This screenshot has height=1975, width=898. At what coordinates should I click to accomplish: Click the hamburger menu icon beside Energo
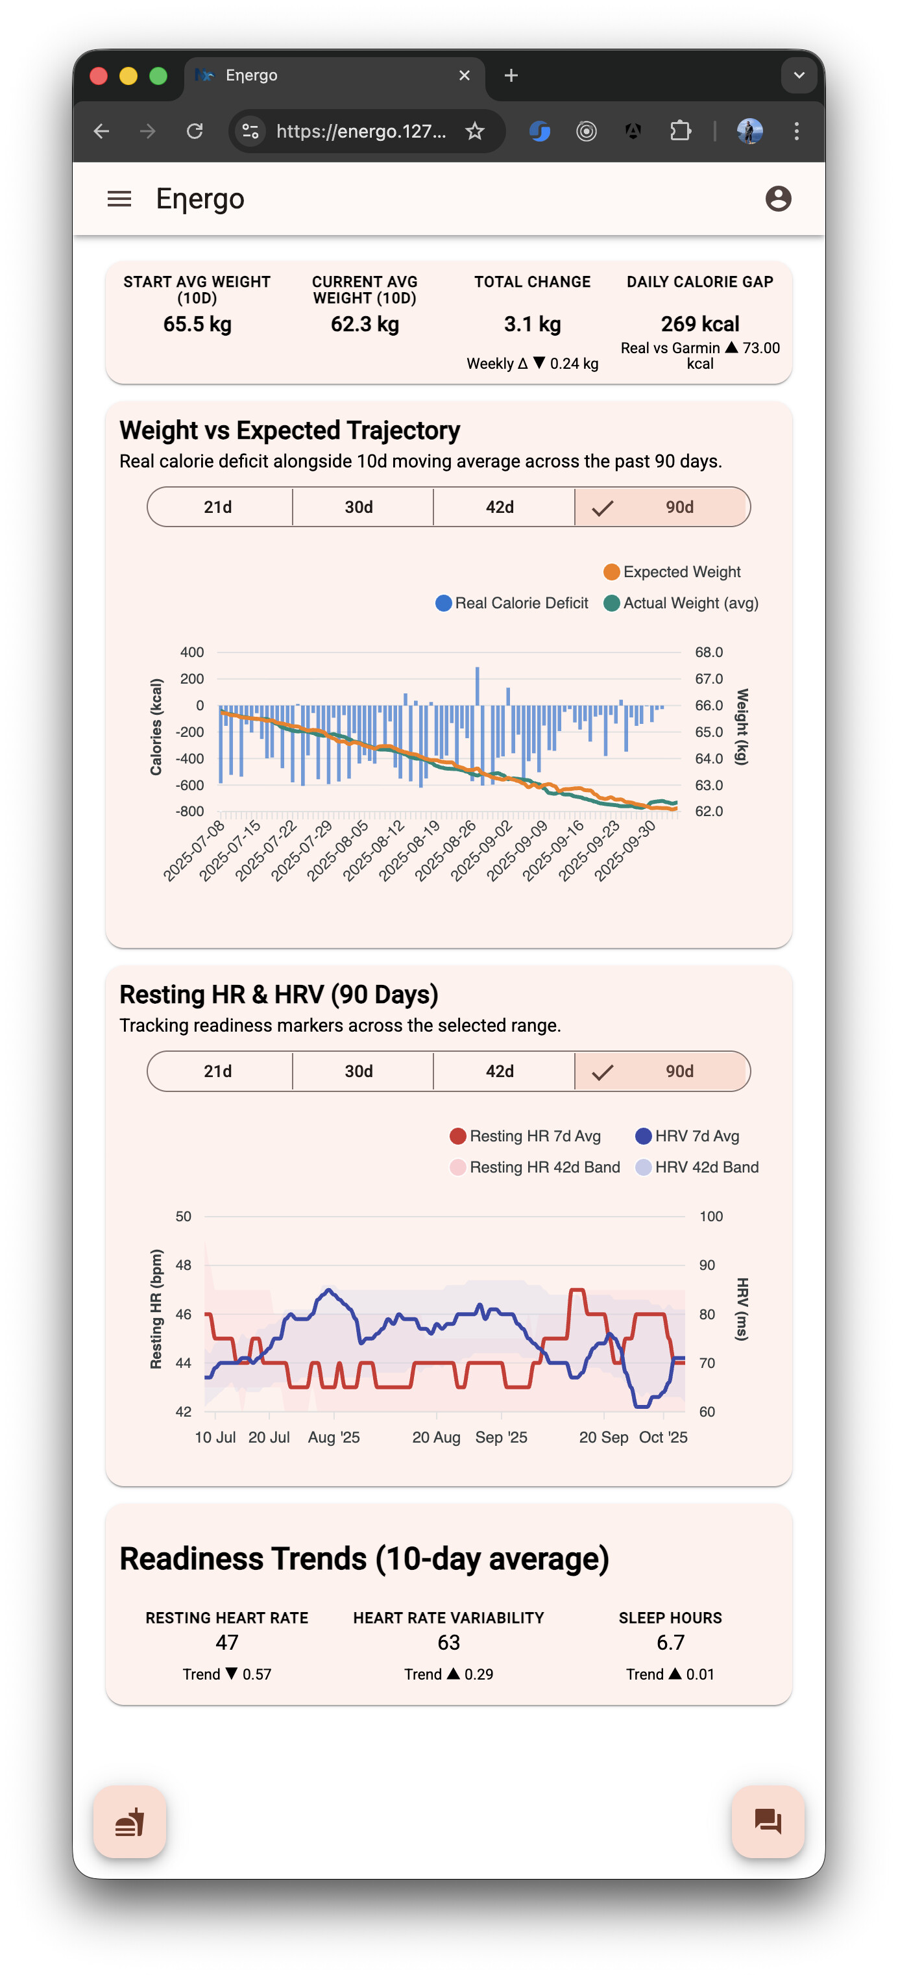[119, 199]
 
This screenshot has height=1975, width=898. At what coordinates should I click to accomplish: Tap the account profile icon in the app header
[778, 199]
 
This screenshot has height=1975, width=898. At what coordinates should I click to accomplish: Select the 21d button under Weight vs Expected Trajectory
[219, 507]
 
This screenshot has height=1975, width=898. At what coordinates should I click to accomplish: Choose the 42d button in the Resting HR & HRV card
[500, 1071]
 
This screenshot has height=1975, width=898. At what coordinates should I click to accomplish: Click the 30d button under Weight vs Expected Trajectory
[359, 507]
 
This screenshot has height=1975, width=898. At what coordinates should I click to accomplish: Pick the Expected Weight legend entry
[672, 572]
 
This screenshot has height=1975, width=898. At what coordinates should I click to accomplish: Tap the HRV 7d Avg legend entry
[687, 1136]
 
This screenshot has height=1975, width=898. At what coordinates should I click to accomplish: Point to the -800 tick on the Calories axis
[190, 811]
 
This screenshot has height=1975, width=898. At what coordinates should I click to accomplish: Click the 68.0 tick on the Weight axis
[709, 652]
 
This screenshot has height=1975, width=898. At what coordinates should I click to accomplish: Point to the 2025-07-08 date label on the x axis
[195, 851]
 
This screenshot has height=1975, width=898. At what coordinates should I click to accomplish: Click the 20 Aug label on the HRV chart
[436, 1437]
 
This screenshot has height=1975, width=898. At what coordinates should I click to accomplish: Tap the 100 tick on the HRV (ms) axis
[711, 1217]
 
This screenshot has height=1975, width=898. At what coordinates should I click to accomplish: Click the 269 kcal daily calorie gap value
[699, 325]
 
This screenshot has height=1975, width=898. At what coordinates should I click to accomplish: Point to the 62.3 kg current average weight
[365, 325]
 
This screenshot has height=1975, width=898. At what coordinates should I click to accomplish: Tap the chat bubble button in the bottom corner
[768, 1822]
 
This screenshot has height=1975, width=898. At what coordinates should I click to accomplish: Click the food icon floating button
[130, 1822]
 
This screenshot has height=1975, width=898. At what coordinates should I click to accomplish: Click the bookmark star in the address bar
[475, 132]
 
